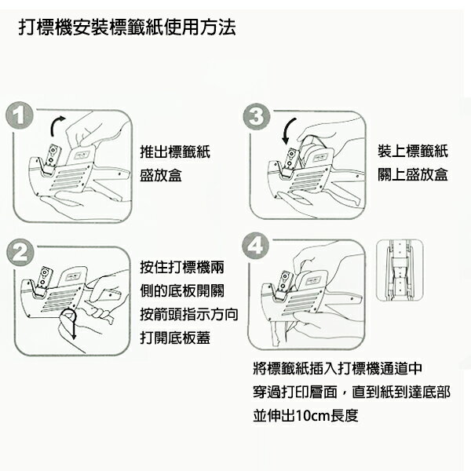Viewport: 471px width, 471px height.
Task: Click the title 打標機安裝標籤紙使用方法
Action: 127,27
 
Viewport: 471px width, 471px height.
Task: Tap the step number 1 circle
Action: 19,116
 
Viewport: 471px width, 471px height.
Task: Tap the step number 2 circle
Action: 20,253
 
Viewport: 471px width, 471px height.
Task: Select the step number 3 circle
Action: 256,116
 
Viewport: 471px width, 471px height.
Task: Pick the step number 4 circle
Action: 256,246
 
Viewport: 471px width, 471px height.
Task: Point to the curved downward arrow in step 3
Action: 288,130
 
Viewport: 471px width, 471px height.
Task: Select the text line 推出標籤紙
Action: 175,152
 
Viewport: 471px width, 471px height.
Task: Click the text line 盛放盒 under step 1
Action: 161,175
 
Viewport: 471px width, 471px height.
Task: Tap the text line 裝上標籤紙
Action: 413,151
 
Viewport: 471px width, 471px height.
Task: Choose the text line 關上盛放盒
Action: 413,174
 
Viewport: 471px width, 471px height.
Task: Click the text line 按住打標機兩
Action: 182,267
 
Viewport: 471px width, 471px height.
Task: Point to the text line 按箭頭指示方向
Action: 189,315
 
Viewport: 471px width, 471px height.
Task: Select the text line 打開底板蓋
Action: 175,338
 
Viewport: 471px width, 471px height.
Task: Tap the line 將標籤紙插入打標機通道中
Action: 338,369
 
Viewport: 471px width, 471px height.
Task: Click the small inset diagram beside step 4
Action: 400,270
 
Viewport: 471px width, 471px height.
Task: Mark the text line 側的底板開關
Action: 182,290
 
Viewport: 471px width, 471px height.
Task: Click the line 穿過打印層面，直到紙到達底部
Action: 352,392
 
